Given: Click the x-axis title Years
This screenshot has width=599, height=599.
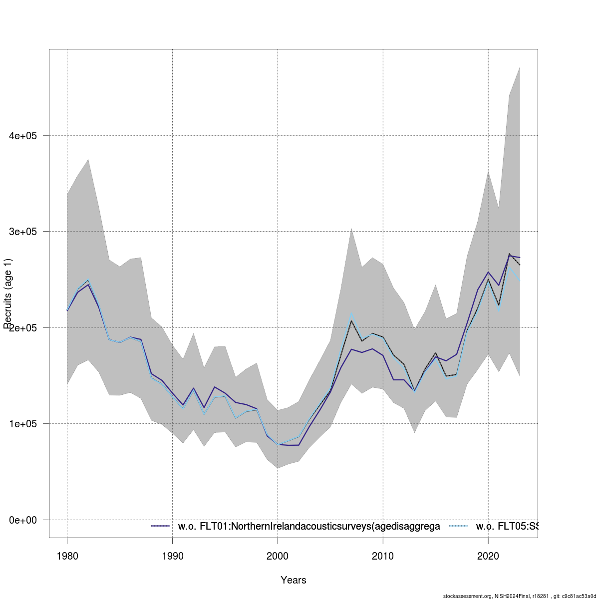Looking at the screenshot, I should click(294, 580).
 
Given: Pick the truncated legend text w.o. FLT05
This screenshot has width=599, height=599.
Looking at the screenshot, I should click(507, 526).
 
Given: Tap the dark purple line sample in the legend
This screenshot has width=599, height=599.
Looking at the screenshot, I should click(161, 526).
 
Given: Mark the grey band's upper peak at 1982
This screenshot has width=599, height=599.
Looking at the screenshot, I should click(88, 160).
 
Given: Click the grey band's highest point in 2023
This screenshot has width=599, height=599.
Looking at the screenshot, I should click(520, 67).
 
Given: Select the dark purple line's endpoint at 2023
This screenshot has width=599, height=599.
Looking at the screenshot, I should click(520, 258).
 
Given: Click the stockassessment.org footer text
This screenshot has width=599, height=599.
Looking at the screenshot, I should click(519, 596).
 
